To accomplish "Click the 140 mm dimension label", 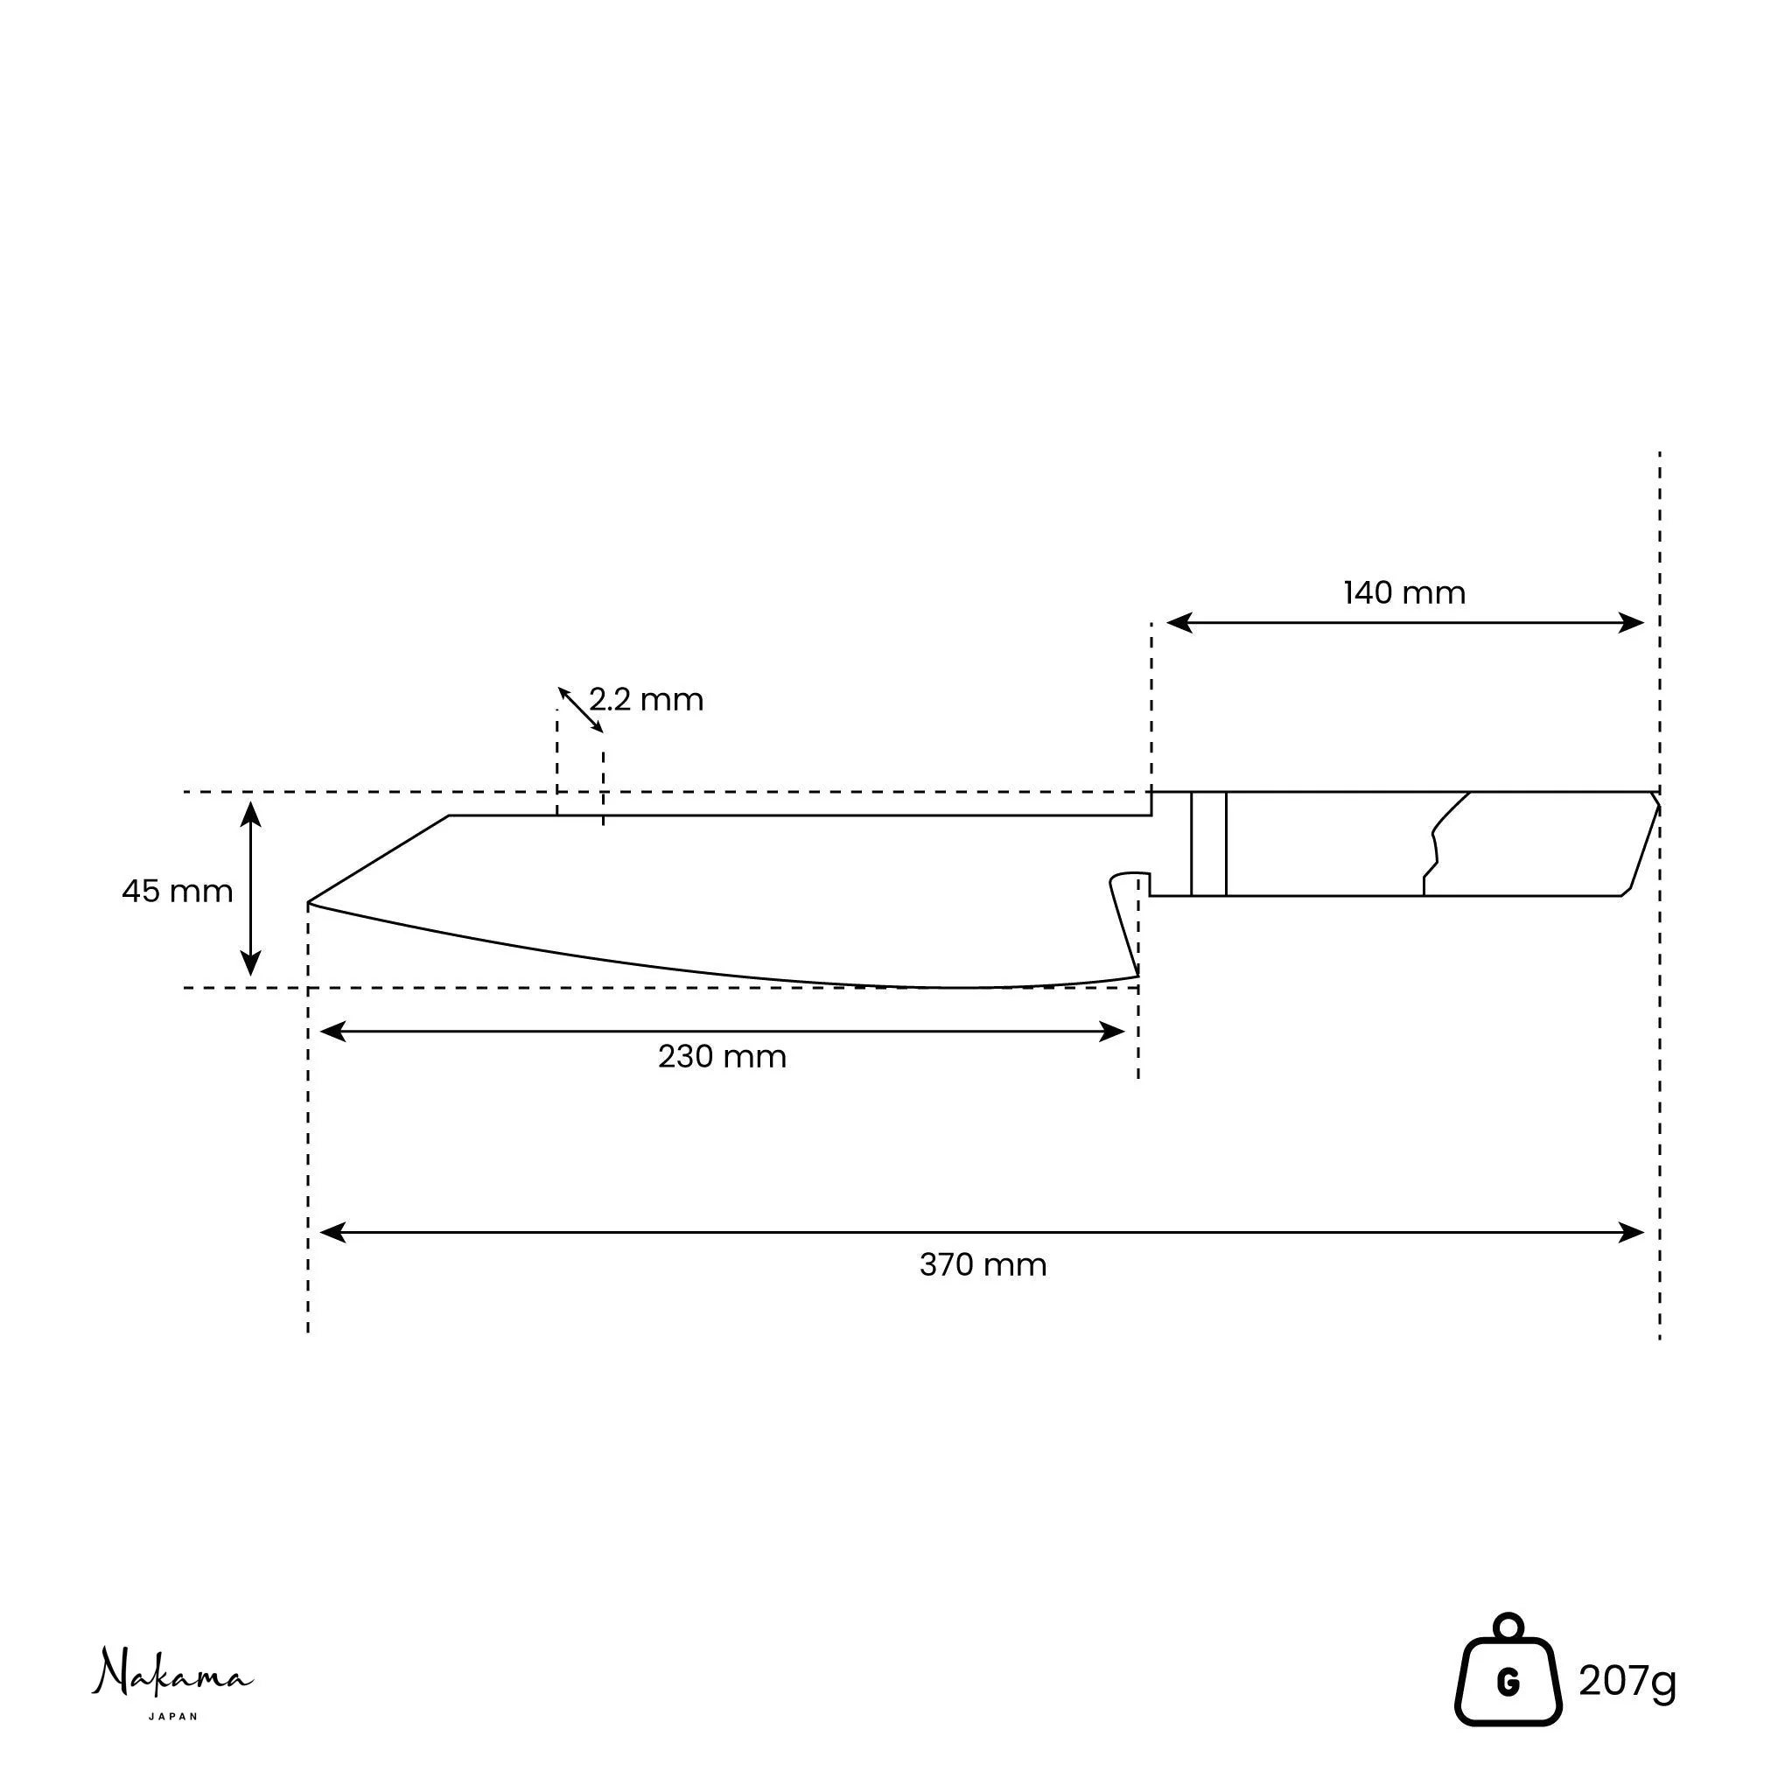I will (x=1404, y=593).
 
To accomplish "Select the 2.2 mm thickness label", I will (x=647, y=699).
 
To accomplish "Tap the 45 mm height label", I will (x=177, y=892).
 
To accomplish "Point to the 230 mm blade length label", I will (x=722, y=1056).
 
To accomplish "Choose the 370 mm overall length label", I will (x=983, y=1265).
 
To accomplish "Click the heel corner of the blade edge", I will (x=1137, y=975).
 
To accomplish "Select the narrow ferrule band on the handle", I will (x=1208, y=844).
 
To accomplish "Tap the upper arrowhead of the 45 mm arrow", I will (x=250, y=814).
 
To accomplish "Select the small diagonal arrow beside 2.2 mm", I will (x=581, y=710).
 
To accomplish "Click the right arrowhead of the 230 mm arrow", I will (x=1112, y=1032).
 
